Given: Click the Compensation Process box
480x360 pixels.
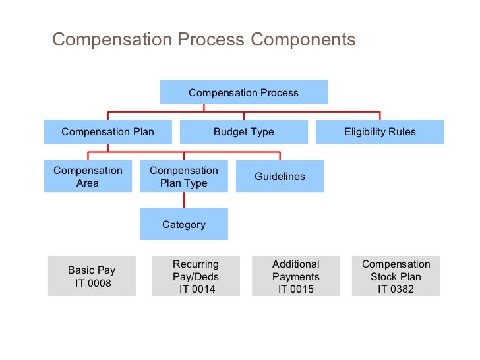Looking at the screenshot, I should pyautogui.click(x=243, y=92).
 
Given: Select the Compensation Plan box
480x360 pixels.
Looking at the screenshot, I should pyautogui.click(x=107, y=131).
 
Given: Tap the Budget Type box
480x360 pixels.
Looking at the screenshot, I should pyautogui.click(x=243, y=131).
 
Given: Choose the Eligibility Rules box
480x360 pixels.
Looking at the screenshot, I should pyautogui.click(x=380, y=131).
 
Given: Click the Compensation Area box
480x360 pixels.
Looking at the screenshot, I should pyautogui.click(x=88, y=177).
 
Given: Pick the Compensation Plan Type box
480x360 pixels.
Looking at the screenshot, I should pyautogui.click(x=183, y=177).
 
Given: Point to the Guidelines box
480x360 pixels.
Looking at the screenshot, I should pyautogui.click(x=280, y=177).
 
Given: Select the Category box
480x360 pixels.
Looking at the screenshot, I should pyautogui.click(x=183, y=225).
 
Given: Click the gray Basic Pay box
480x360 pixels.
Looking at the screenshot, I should pyautogui.click(x=92, y=276).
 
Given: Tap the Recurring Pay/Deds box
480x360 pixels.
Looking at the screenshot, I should pyautogui.click(x=196, y=276).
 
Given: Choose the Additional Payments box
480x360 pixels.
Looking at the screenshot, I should pyautogui.click(x=295, y=276).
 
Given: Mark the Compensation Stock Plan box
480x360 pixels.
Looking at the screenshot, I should pyautogui.click(x=396, y=276).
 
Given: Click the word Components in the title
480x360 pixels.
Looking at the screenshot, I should pyautogui.click(x=303, y=40).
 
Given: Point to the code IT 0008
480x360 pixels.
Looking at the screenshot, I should pyautogui.click(x=92, y=284).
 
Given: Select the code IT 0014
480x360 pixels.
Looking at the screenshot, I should pyautogui.click(x=196, y=289).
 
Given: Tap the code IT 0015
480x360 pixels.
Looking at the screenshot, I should pyautogui.click(x=295, y=289).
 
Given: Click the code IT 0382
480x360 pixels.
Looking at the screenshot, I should pyautogui.click(x=396, y=289).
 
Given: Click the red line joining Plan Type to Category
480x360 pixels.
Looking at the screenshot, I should pyautogui.click(x=183, y=200).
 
